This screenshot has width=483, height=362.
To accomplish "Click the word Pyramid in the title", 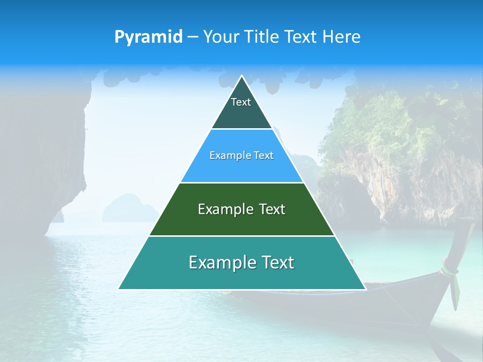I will pos(148,37).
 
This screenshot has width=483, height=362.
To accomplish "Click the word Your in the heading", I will pos(220,37).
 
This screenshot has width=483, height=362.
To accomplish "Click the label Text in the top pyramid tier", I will pos(241,103).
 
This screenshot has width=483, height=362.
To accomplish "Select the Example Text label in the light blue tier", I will pos(242,156).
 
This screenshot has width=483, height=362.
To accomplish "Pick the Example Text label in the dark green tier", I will pos(242,209).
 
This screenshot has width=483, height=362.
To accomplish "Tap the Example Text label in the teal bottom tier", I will pos(242,262).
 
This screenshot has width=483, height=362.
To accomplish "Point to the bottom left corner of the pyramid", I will pos(119,289).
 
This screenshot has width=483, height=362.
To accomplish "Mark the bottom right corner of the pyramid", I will pos(365,289).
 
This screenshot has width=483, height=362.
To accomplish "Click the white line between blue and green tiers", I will pos(242,183).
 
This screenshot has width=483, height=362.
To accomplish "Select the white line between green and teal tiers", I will pos(242,236).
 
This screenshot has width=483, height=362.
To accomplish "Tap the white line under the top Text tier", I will pos(242,129).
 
